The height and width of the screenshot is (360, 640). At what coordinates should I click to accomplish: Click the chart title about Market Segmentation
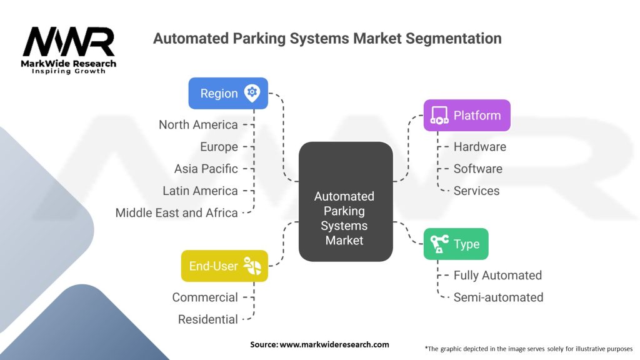tap(327, 39)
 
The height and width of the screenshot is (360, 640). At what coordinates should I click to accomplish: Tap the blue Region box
tap(228, 93)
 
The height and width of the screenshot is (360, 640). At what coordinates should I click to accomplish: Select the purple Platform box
tap(467, 116)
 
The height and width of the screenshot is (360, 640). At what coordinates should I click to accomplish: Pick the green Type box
tap(456, 244)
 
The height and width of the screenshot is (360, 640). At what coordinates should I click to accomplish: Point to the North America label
tap(198, 125)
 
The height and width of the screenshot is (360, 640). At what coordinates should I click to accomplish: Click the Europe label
tap(219, 147)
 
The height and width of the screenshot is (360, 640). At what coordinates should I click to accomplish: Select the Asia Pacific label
tap(206, 169)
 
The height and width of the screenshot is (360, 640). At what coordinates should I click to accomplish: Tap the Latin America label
tap(200, 191)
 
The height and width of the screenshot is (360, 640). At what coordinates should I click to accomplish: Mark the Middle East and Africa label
tap(176, 212)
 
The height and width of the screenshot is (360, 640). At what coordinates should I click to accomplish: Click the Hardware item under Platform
tap(479, 147)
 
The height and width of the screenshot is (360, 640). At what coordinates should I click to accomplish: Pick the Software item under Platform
tap(477, 169)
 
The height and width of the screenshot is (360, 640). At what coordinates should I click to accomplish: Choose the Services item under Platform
tap(476, 191)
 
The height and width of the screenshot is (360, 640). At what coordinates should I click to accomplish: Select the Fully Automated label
tap(497, 275)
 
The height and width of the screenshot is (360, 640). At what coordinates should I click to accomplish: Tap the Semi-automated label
tap(498, 297)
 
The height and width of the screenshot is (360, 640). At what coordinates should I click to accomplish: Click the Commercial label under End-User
tap(205, 297)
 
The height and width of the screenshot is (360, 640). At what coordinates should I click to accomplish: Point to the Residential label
tap(207, 319)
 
